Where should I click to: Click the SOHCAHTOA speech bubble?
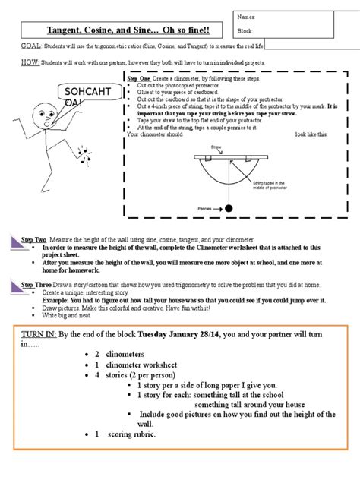(77, 97)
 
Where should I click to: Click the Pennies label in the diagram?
(201, 206)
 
